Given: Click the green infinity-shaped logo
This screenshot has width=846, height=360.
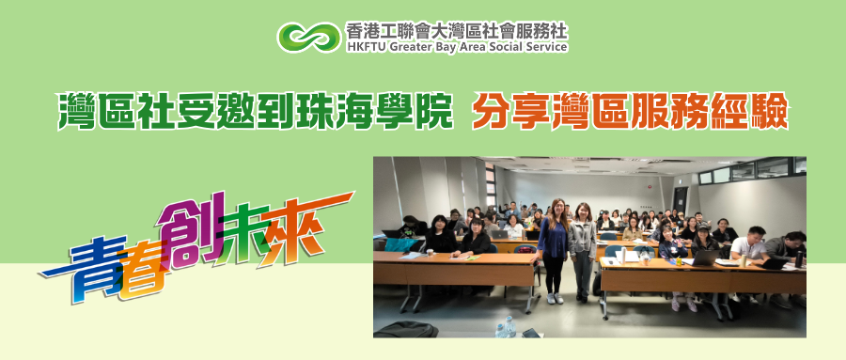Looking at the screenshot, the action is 309,38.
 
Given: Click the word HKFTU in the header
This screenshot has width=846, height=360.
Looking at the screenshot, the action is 366,46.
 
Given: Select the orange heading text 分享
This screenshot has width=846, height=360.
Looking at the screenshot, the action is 512,112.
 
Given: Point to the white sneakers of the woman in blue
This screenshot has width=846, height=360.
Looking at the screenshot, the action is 555,299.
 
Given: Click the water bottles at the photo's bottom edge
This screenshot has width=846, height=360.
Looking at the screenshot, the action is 506,327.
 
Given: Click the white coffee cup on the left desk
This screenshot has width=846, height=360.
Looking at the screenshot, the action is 430,252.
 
